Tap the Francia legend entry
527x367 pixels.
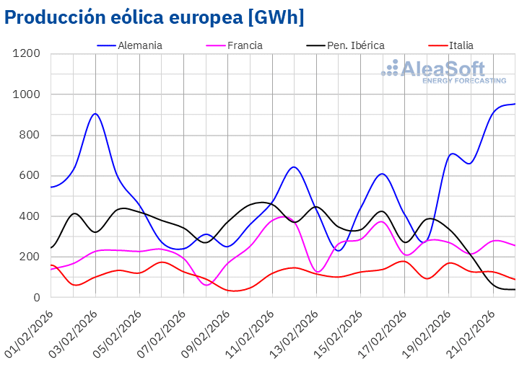(244, 45)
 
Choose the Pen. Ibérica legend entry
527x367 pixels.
(356, 45)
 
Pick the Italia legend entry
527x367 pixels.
(461, 45)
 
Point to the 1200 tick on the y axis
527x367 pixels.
(26, 54)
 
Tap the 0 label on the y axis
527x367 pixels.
(38, 297)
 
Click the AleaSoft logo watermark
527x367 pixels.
(443, 71)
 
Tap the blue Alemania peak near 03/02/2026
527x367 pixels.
(95, 113)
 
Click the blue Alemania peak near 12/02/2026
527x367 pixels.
(293, 167)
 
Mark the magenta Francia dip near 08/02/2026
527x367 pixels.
(207, 285)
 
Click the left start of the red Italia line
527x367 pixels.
(51, 265)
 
